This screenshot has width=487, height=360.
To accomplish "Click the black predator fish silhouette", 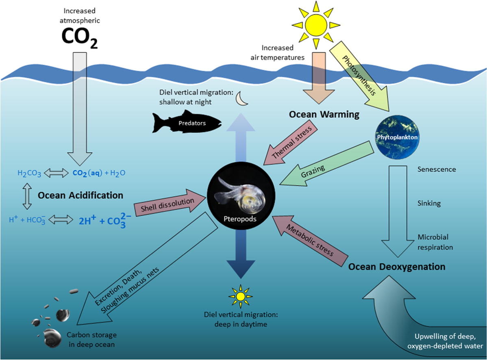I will coord(187,121).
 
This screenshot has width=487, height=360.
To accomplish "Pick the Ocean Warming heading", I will coord(324,115).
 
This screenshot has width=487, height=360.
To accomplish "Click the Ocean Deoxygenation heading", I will coord(397,267).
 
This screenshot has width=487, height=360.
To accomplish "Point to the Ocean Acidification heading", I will coord(80,195).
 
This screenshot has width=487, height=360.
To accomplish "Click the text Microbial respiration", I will coord(435,242).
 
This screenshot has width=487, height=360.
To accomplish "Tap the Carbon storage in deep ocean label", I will coord(91,339).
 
